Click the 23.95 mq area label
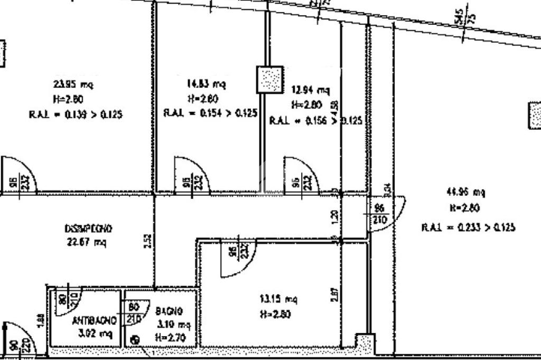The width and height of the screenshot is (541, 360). click(x=74, y=84)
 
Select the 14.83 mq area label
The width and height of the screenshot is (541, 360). click(x=206, y=84)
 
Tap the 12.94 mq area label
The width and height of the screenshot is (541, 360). click(x=311, y=90)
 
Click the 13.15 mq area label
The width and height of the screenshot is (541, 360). click(x=278, y=299)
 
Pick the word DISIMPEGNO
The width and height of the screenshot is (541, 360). click(x=88, y=229)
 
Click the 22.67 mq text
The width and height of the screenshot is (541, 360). click(x=88, y=242)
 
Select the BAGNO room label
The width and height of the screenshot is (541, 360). click(x=169, y=311)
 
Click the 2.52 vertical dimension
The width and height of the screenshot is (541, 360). click(x=149, y=241)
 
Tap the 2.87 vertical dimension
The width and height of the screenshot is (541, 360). click(x=333, y=294)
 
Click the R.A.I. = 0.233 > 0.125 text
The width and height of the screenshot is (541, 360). click(x=468, y=228)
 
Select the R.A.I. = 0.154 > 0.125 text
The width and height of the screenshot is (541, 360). click(x=210, y=113)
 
